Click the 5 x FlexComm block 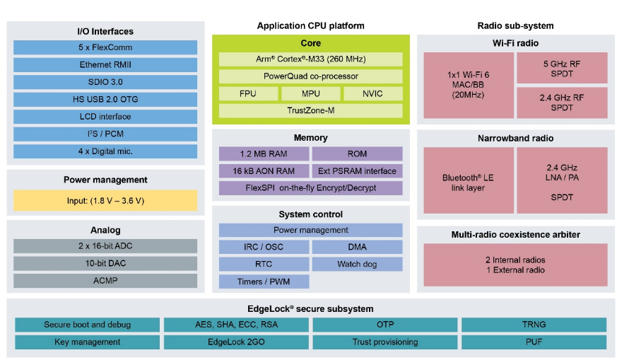(105, 47)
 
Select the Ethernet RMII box (105, 64)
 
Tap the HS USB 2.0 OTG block (105, 99)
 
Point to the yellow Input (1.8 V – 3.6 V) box (105, 200)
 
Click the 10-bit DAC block (105, 263)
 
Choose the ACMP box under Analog (105, 280)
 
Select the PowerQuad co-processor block (310, 76)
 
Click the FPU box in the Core (247, 93)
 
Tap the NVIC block (372, 93)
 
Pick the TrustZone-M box (310, 110)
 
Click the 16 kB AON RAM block (264, 170)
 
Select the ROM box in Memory (357, 153)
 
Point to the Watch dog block (357, 264)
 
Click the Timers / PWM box (264, 281)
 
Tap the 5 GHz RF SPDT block (562, 69)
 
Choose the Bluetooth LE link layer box (467, 182)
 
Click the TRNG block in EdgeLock (533, 325)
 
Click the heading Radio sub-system (515, 26)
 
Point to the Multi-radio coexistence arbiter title (515, 234)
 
